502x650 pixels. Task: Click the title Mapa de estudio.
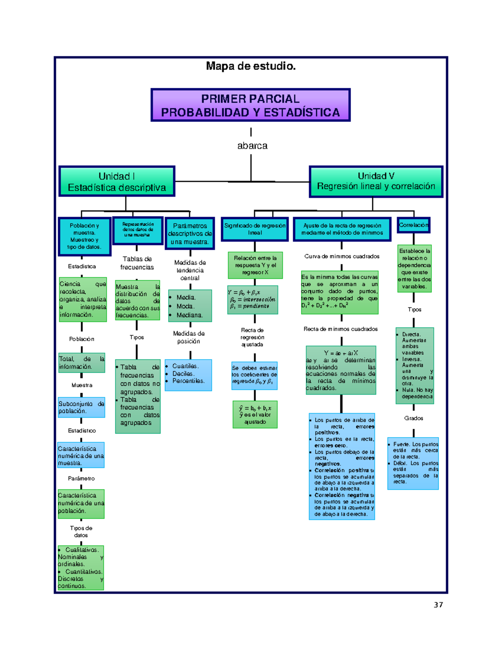click(x=251, y=66)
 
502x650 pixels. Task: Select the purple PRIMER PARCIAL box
click(x=250, y=105)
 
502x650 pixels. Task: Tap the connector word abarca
click(x=252, y=146)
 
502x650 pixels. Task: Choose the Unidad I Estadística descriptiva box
click(x=117, y=182)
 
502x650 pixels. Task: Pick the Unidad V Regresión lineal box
click(x=376, y=181)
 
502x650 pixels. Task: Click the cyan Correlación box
click(x=413, y=225)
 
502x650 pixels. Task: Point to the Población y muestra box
click(x=85, y=236)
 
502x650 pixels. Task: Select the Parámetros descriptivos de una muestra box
click(x=190, y=234)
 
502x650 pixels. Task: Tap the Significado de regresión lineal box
click(x=255, y=229)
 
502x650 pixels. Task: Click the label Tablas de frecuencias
click(x=137, y=263)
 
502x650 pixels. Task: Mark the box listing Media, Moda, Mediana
click(x=190, y=306)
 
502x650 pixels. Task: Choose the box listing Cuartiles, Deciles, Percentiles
click(x=188, y=375)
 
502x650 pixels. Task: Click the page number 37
click(x=438, y=605)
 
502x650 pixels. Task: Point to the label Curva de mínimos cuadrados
click(x=342, y=256)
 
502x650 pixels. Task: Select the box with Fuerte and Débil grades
click(x=413, y=463)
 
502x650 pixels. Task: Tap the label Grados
click(x=413, y=418)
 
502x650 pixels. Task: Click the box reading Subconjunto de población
click(x=81, y=407)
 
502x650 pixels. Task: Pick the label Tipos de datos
click(x=81, y=532)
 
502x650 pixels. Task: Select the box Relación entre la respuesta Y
click(x=255, y=265)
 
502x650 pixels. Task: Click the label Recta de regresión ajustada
click(x=252, y=337)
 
